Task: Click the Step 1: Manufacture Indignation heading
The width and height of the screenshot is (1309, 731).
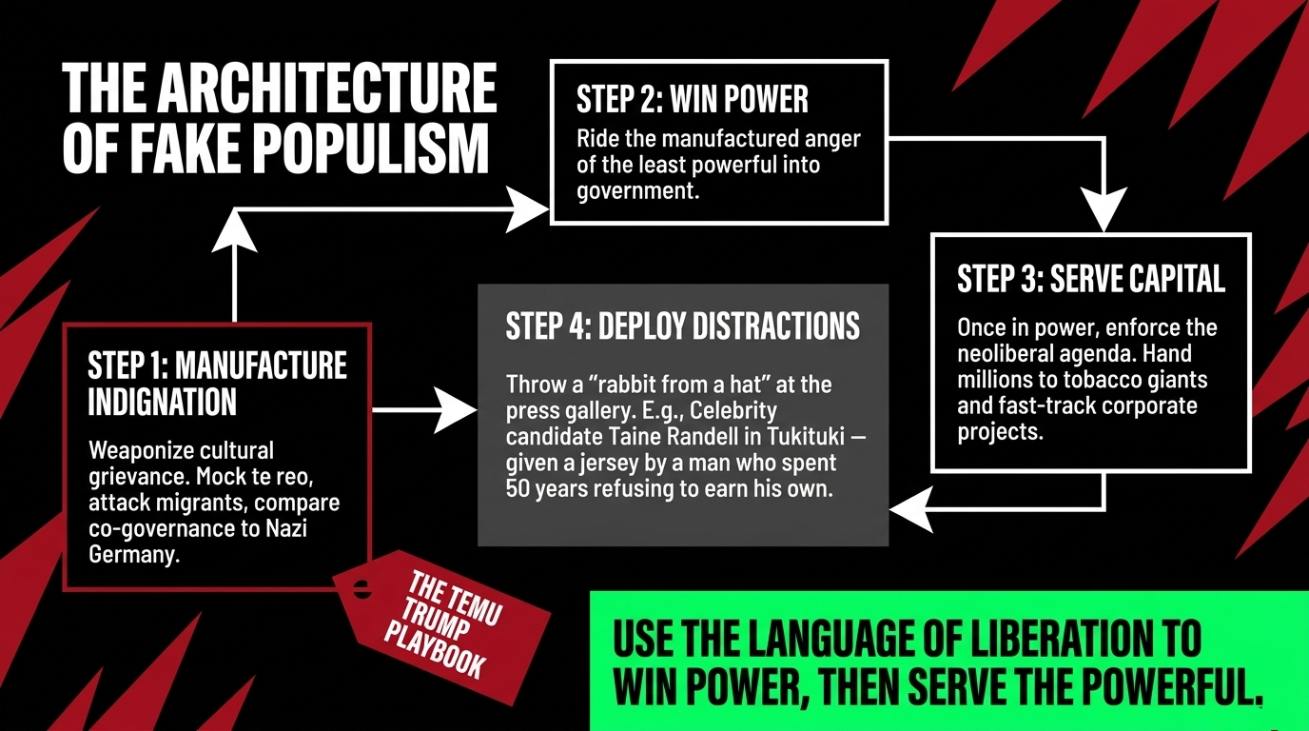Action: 217,383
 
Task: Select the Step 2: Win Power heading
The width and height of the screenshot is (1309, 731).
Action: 692,99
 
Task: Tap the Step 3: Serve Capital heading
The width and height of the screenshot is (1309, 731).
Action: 1090,279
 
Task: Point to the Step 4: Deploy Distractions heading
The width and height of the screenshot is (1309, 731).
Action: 682,326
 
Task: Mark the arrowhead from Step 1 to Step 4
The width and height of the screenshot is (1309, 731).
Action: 456,410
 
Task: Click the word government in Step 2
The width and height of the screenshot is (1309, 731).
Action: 635,190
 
